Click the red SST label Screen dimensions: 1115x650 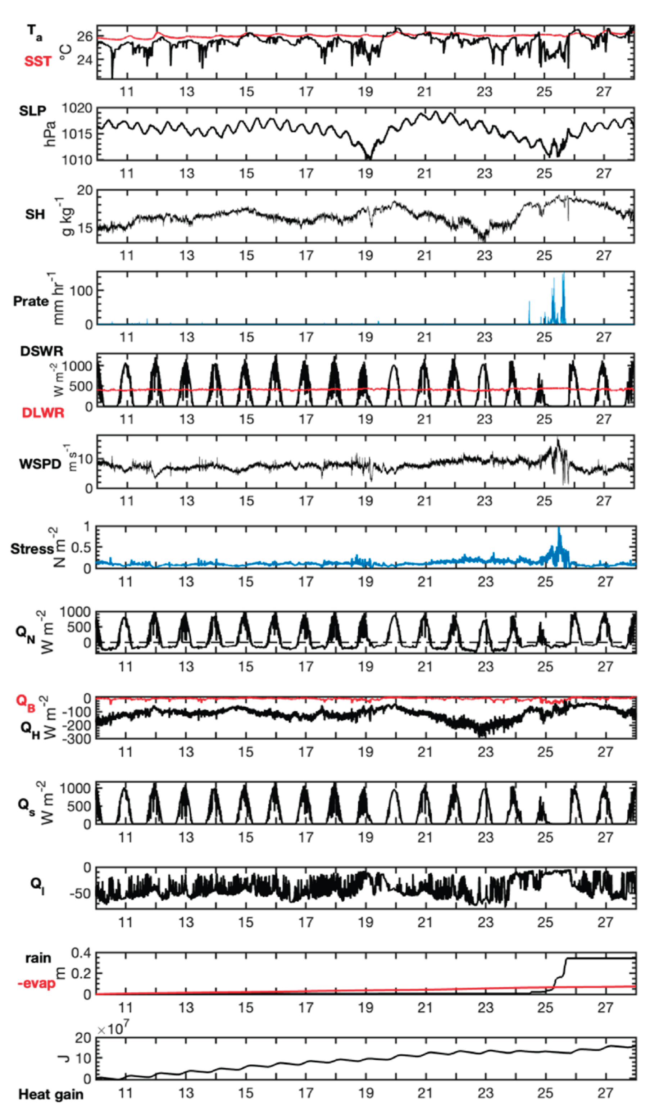click(38, 61)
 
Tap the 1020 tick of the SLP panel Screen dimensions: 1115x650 click(77, 108)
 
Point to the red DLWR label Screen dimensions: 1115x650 click(43, 413)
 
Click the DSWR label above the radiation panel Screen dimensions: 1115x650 click(42, 351)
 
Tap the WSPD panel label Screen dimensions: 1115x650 click(40, 464)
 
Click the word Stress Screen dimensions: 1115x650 click(32, 549)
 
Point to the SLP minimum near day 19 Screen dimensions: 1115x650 click(368, 158)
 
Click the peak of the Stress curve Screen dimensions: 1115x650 click(559, 528)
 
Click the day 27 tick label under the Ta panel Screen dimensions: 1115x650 click(604, 92)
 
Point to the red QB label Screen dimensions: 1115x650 click(25, 701)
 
